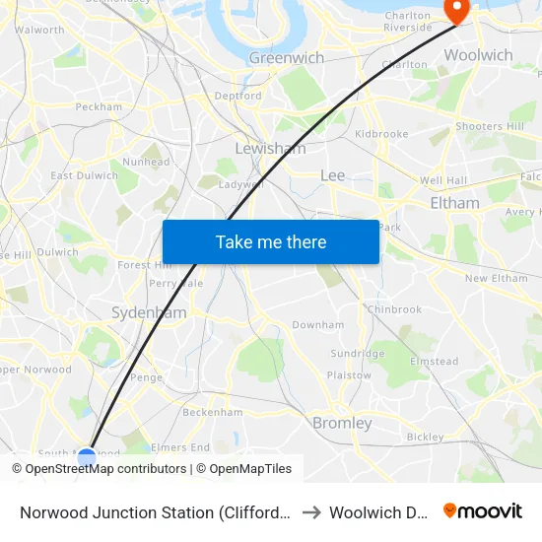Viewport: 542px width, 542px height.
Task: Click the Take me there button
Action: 270,241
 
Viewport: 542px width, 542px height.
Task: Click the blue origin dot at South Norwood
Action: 87,456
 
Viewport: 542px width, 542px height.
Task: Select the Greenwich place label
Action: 286,58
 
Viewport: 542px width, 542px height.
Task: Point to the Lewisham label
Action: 270,149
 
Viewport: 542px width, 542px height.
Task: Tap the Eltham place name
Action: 454,203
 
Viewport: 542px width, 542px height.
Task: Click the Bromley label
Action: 342,423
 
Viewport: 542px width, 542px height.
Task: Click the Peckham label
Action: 99,106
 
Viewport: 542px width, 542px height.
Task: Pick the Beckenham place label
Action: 213,411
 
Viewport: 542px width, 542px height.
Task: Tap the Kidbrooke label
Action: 381,133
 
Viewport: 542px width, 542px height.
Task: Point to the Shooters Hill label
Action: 490,126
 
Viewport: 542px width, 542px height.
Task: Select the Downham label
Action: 317,324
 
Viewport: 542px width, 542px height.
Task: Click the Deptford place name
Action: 237,97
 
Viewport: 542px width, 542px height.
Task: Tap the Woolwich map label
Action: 478,55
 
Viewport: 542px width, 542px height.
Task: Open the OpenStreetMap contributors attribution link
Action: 105,469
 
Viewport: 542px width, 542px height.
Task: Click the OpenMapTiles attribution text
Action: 250,469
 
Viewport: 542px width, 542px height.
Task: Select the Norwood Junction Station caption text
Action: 156,512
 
